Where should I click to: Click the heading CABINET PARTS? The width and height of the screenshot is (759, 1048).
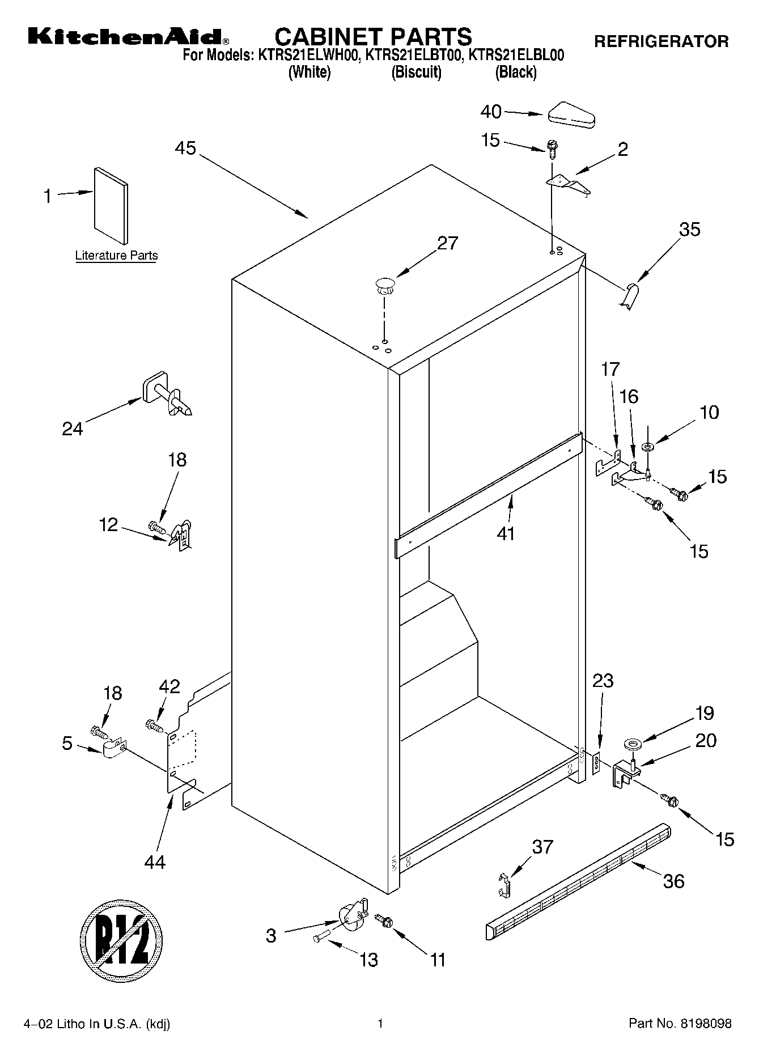coord(373,37)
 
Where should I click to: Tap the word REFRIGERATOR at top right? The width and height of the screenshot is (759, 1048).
coord(661,41)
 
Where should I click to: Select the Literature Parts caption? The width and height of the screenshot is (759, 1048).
coord(116,256)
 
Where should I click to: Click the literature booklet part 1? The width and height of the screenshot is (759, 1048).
coord(111,205)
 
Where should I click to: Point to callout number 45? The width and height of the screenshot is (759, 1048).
coord(185,148)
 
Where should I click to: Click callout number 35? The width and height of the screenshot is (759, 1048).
coord(689,230)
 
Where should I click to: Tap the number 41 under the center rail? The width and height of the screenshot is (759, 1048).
coord(506,533)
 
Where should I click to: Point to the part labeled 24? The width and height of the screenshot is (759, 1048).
coord(166,394)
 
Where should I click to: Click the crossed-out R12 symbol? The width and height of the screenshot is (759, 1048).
coord(121,934)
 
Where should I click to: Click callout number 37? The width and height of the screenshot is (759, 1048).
coord(542,847)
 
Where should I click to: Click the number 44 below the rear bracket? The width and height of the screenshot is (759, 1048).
coord(154,862)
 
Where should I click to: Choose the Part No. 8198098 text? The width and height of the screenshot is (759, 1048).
coord(680,1024)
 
